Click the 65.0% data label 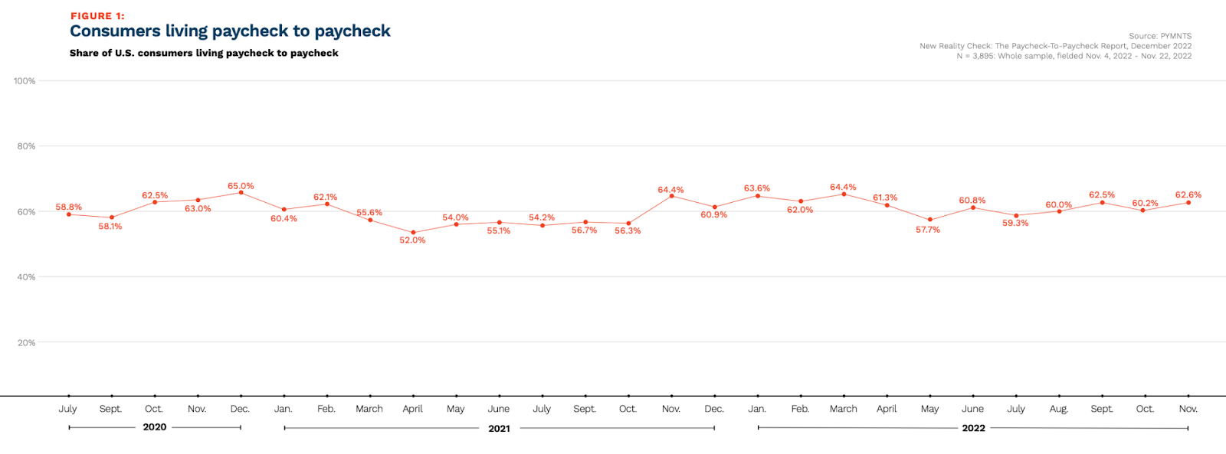[x=241, y=186]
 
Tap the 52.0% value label [x=412, y=240]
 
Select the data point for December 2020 [x=241, y=192]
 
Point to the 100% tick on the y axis [x=25, y=81]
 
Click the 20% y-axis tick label [x=27, y=343]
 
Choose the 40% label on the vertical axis [x=27, y=277]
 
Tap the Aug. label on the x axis [x=1058, y=409]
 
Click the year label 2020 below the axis [x=155, y=427]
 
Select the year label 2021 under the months [x=499, y=429]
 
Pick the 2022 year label [x=973, y=428]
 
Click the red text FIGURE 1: [x=97, y=16]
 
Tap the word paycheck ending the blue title [x=352, y=31]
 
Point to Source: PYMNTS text [x=1159, y=36]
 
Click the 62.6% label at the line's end [x=1188, y=195]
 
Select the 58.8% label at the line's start [x=68, y=207]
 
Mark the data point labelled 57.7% [x=930, y=220]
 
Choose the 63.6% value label [x=756, y=188]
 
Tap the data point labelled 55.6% [x=371, y=220]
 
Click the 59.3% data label [x=1015, y=224]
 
